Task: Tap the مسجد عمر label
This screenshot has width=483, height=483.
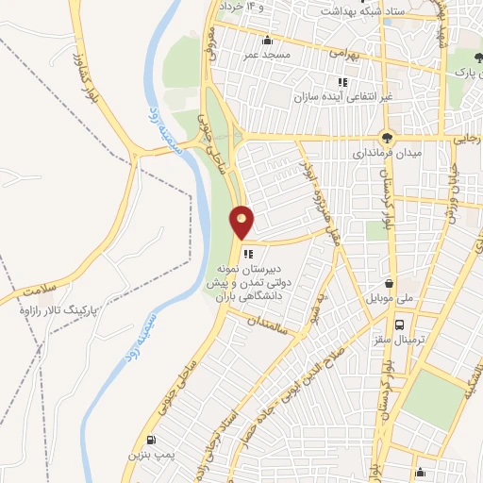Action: (268, 55)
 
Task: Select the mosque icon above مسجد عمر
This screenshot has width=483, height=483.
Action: (268, 40)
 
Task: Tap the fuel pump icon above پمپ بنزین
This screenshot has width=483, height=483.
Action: (150, 440)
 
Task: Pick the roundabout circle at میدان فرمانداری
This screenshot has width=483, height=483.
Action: (387, 136)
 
